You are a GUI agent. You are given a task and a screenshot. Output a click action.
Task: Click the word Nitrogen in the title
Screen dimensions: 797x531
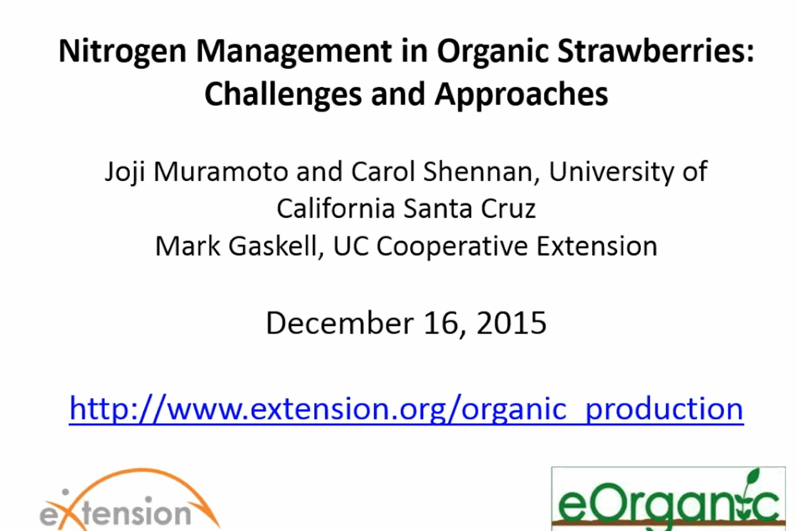[122, 52]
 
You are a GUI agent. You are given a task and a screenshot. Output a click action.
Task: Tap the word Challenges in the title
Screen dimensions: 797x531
[283, 94]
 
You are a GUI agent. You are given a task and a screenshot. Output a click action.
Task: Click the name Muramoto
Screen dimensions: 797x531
[221, 172]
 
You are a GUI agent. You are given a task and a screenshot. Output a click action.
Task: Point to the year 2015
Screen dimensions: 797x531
[511, 323]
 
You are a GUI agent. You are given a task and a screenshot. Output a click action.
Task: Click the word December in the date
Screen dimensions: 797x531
[340, 323]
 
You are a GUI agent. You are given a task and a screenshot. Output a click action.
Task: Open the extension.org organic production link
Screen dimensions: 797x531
[406, 409]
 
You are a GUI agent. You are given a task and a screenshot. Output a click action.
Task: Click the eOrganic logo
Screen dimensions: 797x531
[668, 499]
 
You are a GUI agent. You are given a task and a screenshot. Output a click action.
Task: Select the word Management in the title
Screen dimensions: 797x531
[294, 52]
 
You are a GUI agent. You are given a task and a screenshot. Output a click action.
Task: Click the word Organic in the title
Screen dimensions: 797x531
[492, 52]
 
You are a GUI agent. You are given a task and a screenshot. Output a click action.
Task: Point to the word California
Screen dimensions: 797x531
[336, 209]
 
